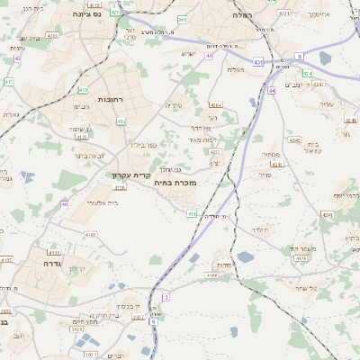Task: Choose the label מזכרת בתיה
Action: coord(175,182)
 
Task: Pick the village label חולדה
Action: coord(260,230)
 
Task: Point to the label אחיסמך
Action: coord(319,15)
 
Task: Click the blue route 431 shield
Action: coord(258,62)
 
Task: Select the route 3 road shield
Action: coord(166,296)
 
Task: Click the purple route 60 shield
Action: coord(65,204)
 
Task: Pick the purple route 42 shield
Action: coord(17,58)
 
